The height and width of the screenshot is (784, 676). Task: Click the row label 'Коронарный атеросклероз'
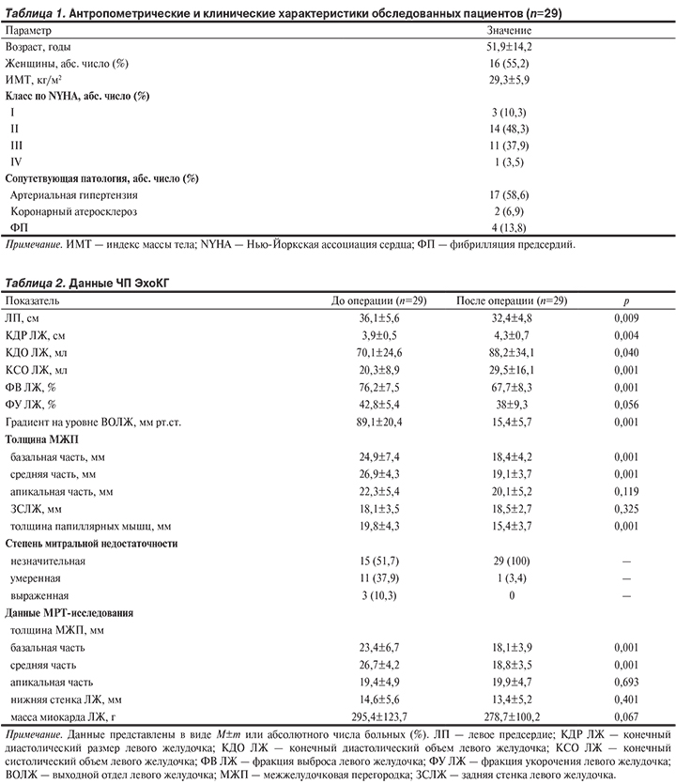coord(71,211)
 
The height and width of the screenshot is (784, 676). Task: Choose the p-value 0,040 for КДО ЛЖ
coord(625,354)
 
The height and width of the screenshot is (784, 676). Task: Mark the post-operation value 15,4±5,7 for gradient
coord(511,422)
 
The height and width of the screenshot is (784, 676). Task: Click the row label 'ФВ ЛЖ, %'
coord(31,388)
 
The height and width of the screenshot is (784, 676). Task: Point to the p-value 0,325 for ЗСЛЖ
coord(625,507)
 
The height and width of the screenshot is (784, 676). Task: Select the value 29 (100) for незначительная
coord(512,561)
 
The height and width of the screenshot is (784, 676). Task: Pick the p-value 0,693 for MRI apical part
coord(625,681)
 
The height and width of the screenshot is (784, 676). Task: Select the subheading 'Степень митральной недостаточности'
coord(92,544)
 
